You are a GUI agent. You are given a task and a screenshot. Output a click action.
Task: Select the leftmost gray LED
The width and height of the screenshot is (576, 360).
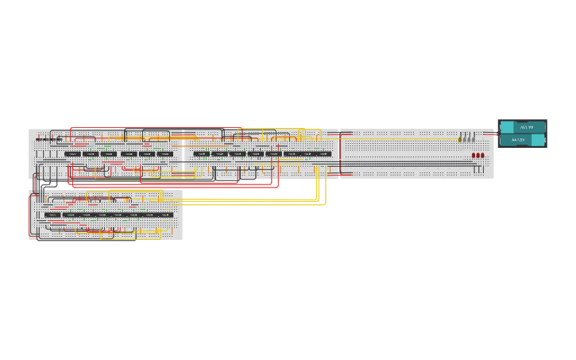click(464, 138)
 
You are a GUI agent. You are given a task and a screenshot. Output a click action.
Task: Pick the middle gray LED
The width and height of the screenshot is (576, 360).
click(469, 138)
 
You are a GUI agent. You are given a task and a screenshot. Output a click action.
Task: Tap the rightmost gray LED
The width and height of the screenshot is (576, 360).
click(474, 138)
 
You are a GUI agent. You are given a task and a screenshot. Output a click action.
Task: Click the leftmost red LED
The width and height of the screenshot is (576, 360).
click(474, 156)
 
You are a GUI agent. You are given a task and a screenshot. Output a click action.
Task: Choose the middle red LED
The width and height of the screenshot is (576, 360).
click(477, 156)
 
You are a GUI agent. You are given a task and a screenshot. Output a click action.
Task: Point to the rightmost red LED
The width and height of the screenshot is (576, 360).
click(482, 156)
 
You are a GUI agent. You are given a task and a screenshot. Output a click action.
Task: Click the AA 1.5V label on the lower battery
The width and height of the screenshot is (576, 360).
click(518, 140)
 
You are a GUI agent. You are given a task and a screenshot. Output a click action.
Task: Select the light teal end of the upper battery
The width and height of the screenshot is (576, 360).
click(506, 127)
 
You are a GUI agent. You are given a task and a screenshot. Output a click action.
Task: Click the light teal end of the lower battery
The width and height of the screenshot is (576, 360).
click(538, 140)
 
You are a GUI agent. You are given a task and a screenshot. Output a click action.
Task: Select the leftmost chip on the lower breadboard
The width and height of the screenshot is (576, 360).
click(53, 215)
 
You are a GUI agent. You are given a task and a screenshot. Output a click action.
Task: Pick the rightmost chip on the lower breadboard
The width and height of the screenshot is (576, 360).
click(164, 215)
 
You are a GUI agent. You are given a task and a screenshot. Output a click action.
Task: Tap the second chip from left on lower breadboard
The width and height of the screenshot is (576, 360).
click(70, 215)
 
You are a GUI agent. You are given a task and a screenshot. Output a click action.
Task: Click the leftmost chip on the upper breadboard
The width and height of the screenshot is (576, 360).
click(72, 153)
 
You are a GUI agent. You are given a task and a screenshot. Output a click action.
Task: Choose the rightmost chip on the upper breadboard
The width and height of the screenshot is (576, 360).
click(323, 153)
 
